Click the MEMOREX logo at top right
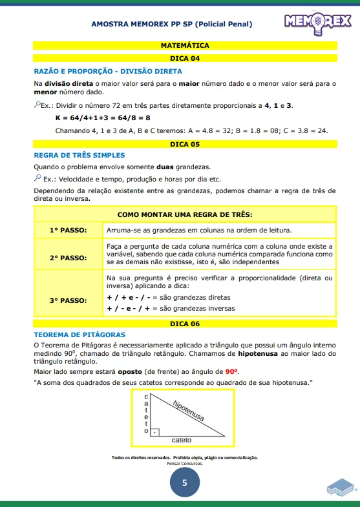(x=317, y=23)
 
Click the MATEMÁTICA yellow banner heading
(x=185, y=46)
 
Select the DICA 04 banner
(x=185, y=58)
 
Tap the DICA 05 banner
(x=185, y=144)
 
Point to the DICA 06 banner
(x=185, y=323)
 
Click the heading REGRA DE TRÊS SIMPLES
(x=79, y=155)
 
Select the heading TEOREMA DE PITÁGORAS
(x=79, y=335)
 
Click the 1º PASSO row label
(x=69, y=230)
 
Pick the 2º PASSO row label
(x=69, y=258)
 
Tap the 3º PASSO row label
(x=69, y=300)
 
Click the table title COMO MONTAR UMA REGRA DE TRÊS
(x=185, y=214)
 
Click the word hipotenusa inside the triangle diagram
(x=188, y=411)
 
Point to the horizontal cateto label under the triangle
(x=182, y=440)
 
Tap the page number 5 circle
(x=185, y=482)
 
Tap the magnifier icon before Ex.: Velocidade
(x=37, y=178)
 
